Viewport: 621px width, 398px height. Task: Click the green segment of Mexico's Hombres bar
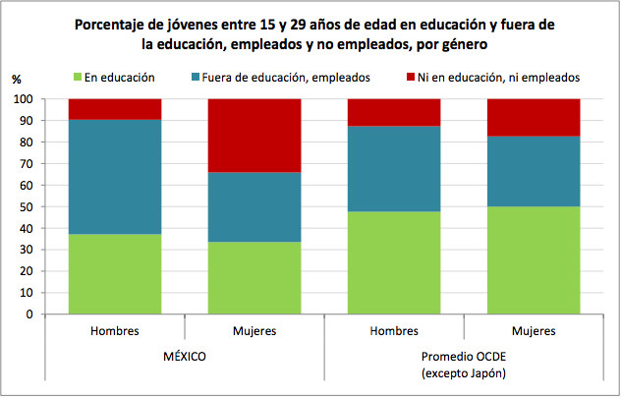[115, 274]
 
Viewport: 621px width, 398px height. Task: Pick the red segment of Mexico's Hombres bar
[115, 108]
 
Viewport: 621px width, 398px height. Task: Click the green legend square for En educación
[79, 77]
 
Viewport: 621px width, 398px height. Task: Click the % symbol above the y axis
[16, 79]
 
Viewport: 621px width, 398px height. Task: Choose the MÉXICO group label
[185, 356]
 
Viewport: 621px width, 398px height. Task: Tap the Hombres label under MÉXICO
[115, 331]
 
